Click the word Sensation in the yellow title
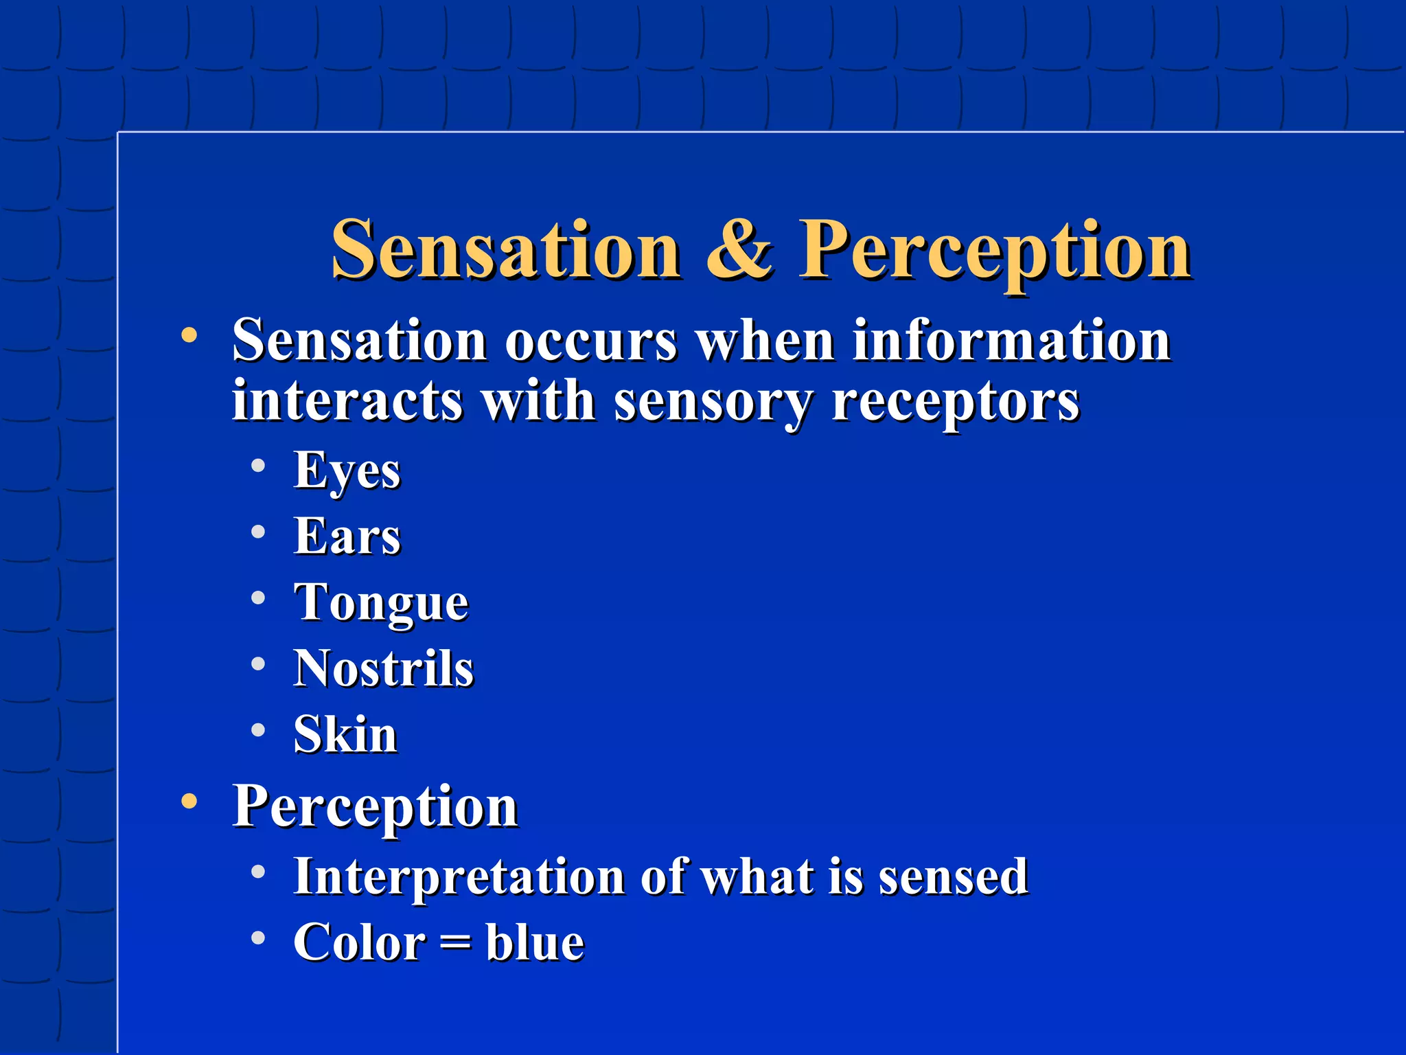tap(506, 250)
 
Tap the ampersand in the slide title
tap(739, 250)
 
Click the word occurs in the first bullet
tap(591, 341)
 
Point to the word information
tap(1011, 341)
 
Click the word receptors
tap(955, 402)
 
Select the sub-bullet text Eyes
tap(347, 471)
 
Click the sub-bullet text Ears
tap(347, 536)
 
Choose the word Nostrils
tap(383, 668)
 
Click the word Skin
tap(345, 734)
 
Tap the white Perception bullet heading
tap(375, 806)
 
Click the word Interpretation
tap(459, 877)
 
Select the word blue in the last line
tap(535, 942)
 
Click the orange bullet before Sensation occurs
tap(189, 336)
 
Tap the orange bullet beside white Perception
tap(189, 801)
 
